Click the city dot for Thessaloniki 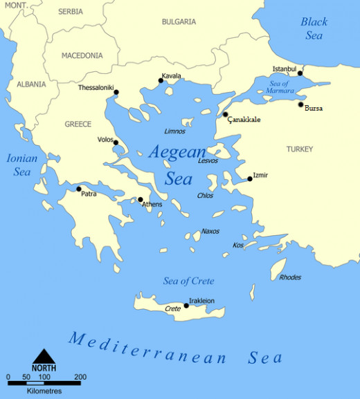pos(116,92)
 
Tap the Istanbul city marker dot pos(300,73)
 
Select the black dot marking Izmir pos(250,179)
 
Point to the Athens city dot pos(141,199)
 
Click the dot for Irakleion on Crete pos(186,305)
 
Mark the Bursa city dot pos(300,104)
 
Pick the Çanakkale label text pos(244,120)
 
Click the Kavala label pos(171,75)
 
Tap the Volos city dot pos(116,143)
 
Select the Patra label pos(89,194)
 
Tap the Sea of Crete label pos(188,281)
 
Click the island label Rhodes pos(290,277)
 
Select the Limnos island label pos(174,131)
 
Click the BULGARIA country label pos(179,22)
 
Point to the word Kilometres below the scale pos(45,391)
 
